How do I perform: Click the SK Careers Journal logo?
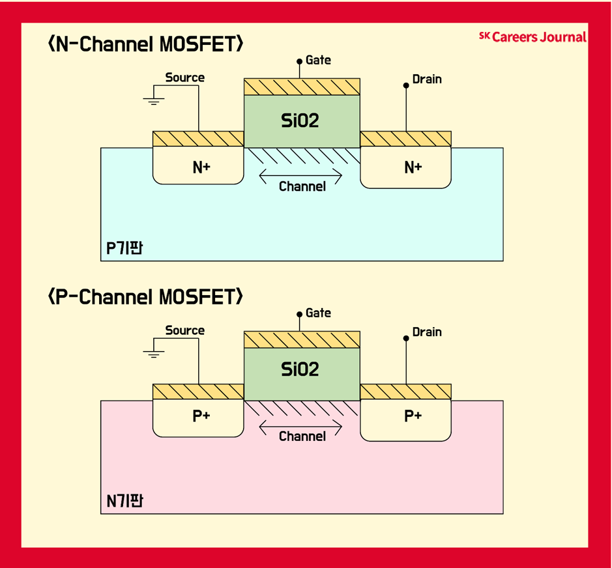pos(532,37)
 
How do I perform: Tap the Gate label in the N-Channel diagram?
pos(318,61)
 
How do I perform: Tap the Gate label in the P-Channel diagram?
pos(318,313)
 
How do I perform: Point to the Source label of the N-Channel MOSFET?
pos(184,78)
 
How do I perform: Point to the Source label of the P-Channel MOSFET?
pos(184,330)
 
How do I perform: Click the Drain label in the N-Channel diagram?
pos(427,79)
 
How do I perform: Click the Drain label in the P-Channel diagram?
pos(427,332)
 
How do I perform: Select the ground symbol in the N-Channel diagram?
pos(154,100)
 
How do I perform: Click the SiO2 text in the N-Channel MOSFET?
pos(300,120)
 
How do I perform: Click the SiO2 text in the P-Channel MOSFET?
pos(300,369)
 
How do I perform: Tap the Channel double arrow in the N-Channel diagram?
pos(300,175)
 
